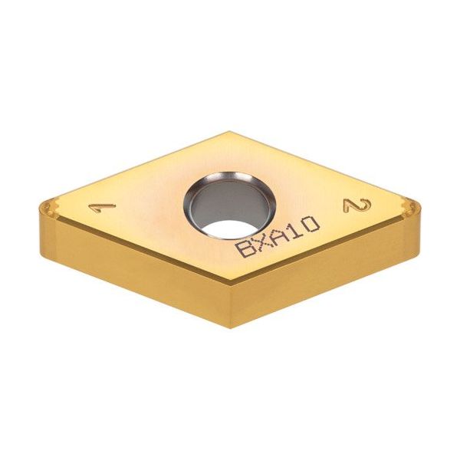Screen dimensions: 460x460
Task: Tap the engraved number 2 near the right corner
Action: coord(356,205)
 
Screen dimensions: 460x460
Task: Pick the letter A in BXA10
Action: coord(278,236)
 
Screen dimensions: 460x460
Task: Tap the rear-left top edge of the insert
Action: coord(138,165)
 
